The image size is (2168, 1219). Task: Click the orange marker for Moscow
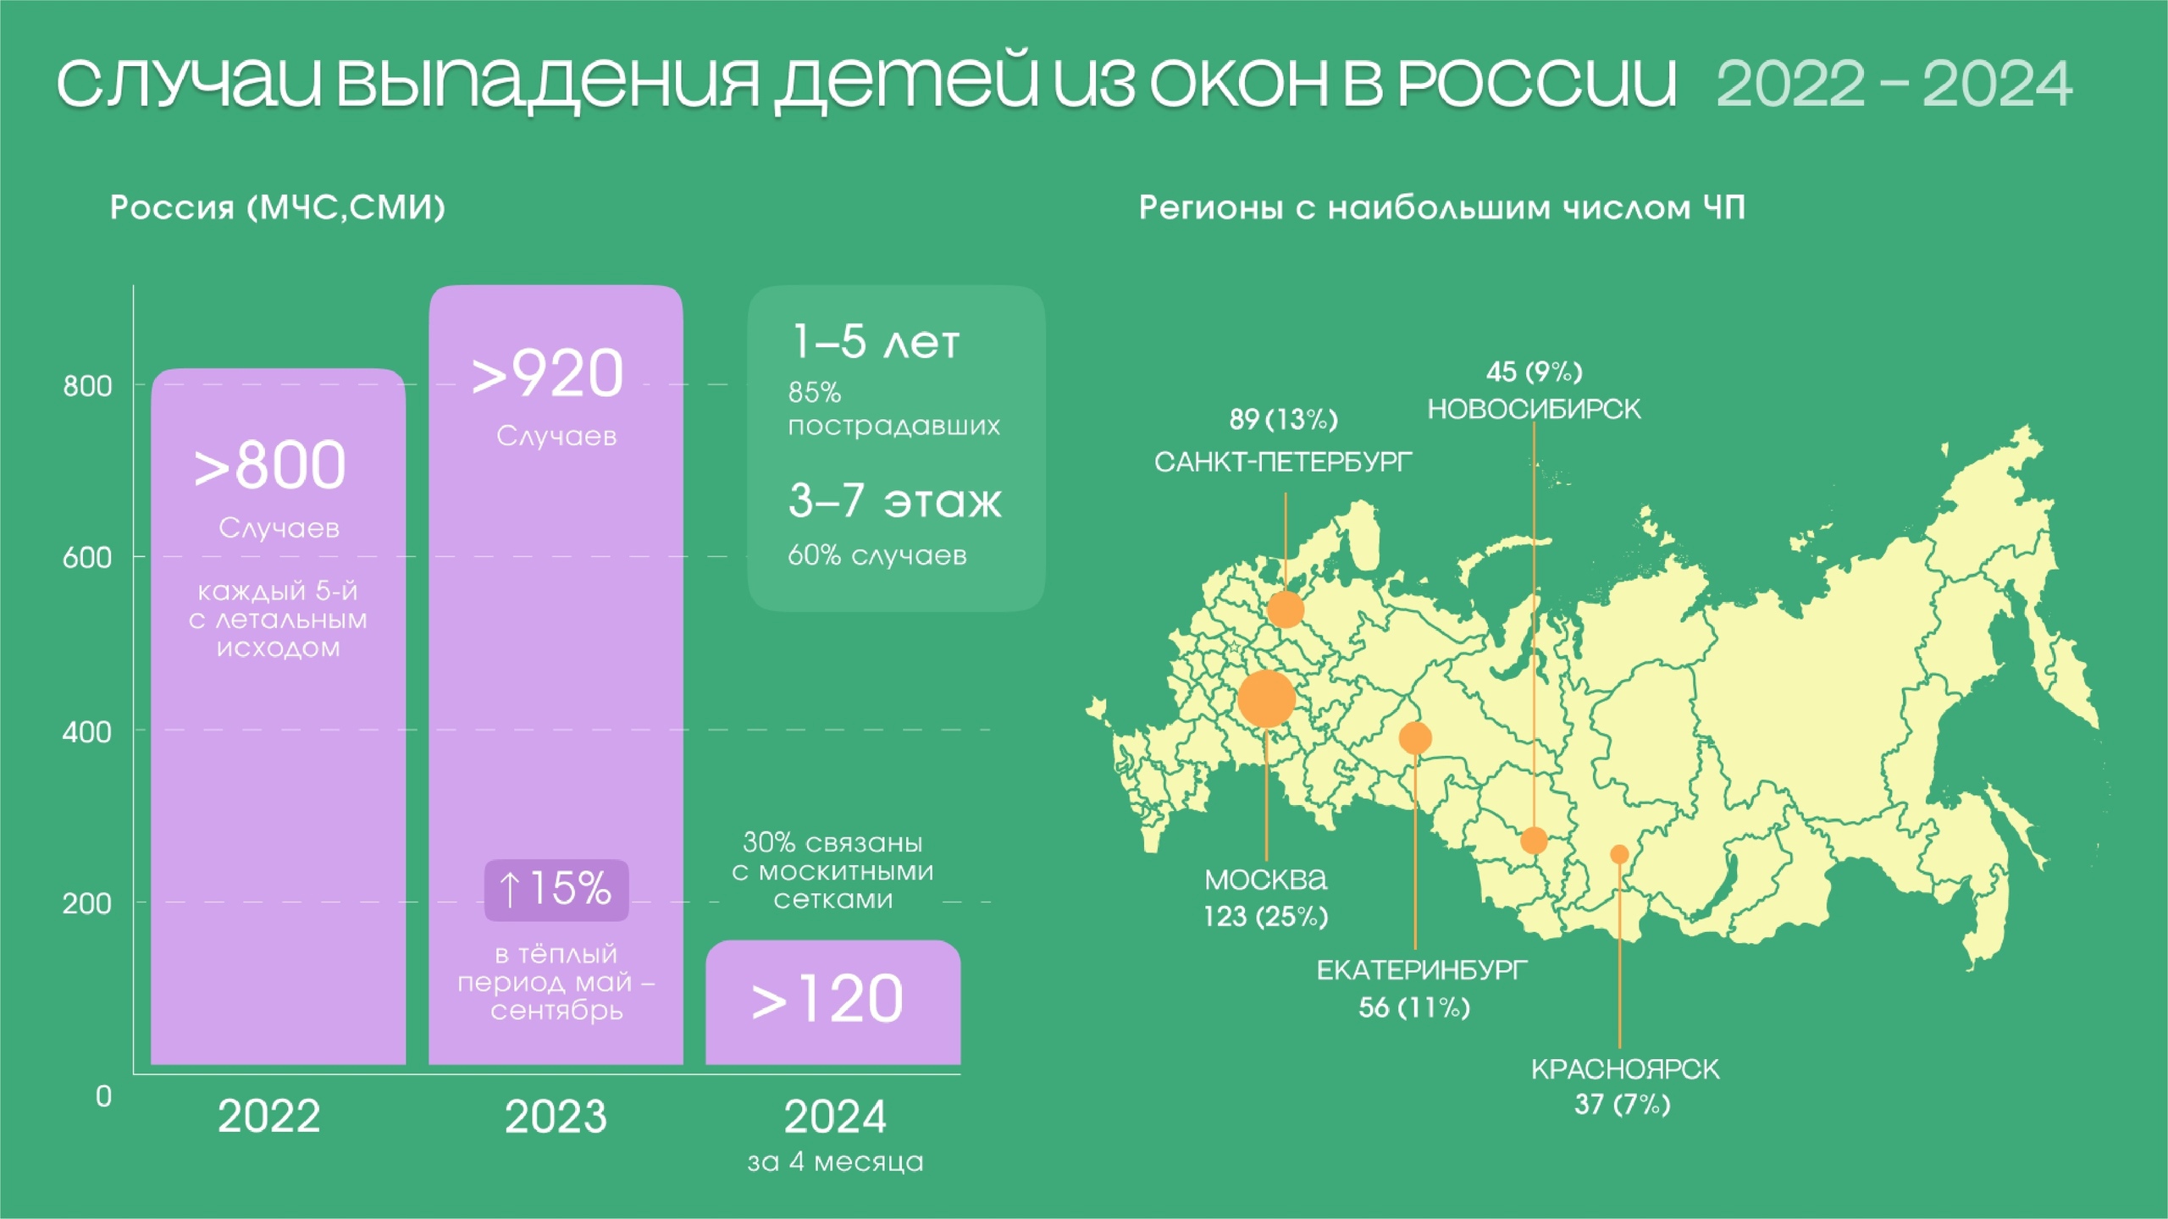1266,698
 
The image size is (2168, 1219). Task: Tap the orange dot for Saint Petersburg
1286,609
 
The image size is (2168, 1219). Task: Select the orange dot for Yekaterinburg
1415,738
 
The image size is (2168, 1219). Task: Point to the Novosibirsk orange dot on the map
1534,841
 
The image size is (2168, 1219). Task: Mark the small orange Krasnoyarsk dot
1619,854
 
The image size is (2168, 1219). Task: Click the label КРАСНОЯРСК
1625,1069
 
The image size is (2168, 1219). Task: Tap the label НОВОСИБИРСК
1534,410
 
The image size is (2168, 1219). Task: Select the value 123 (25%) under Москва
1265,916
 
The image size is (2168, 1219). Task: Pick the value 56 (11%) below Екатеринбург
1414,1007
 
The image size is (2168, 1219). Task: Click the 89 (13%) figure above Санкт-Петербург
1283,419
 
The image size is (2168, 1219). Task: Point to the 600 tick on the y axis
86,558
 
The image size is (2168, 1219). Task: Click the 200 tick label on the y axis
86,903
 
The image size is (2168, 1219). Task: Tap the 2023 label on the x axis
556,1116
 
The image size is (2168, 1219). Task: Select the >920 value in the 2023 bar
547,373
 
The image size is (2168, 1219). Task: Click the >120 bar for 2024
833,1002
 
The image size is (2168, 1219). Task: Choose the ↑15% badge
556,890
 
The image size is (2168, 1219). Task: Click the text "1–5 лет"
876,341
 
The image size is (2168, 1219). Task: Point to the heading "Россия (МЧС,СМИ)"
278,207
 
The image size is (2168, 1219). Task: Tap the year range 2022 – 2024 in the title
1894,84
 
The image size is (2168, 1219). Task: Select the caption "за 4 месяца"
835,1161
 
